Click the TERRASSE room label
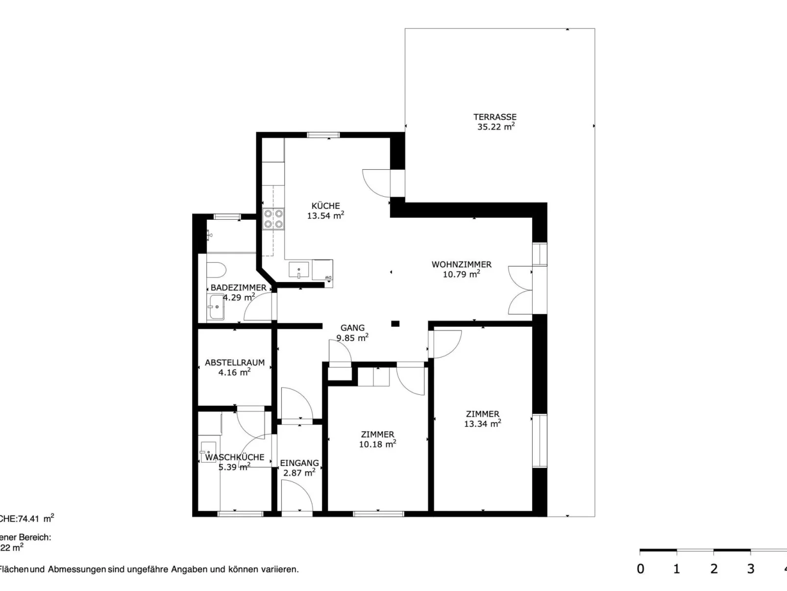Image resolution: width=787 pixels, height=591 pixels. (495, 117)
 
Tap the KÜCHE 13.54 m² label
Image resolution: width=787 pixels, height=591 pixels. (325, 211)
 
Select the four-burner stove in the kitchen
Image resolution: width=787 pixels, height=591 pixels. (273, 219)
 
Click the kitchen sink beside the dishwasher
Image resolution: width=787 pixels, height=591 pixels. (298, 270)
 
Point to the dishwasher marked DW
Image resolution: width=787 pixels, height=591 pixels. (322, 270)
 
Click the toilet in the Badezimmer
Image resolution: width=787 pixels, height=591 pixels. (216, 270)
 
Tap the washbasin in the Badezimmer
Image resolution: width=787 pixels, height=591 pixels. (216, 308)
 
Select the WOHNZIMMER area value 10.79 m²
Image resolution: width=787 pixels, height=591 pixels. (461, 275)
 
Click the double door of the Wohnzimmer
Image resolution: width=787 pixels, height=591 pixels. (520, 290)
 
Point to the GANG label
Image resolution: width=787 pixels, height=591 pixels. (352, 328)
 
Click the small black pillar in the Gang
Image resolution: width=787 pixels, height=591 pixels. (395, 324)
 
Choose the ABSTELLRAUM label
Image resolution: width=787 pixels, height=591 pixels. (234, 363)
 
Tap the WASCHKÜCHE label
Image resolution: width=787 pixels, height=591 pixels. (234, 458)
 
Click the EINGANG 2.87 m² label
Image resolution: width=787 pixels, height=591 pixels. (299, 468)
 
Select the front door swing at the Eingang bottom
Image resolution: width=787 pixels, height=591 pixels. (297, 495)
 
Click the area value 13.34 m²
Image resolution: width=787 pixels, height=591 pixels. (482, 424)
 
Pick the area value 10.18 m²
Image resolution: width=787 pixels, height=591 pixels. (377, 445)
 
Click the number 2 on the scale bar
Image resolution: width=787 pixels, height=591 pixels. (713, 569)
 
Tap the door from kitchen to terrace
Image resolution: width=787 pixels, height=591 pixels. (376, 182)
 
